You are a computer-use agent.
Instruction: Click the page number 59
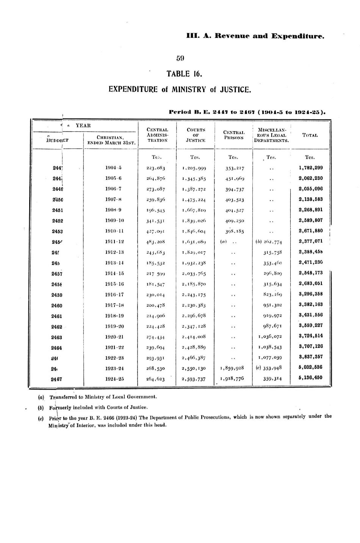pyautogui.click(x=180, y=58)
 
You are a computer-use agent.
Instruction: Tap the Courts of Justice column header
pyautogui.click(x=196, y=135)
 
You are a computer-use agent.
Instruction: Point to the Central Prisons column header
pyautogui.click(x=234, y=135)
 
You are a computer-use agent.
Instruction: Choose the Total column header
pyautogui.click(x=310, y=135)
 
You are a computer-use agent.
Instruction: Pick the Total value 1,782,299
pyautogui.click(x=310, y=168)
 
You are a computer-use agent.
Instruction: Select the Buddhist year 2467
pyautogui.click(x=56, y=379)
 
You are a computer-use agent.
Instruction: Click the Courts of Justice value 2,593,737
pyautogui.click(x=193, y=378)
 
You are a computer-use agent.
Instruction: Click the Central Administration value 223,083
pyautogui.click(x=155, y=168)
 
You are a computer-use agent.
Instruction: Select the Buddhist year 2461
pyautogui.click(x=56, y=316)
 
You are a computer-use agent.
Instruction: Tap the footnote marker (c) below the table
pyautogui.click(x=41, y=418)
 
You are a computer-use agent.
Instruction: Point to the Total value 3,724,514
pyautogui.click(x=310, y=336)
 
